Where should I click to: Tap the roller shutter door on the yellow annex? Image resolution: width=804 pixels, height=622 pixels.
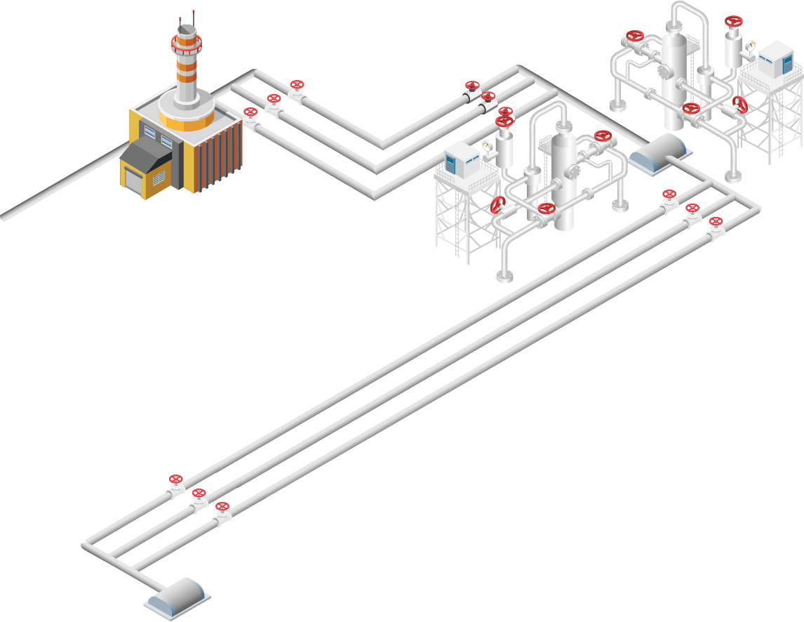pyautogui.click(x=133, y=180)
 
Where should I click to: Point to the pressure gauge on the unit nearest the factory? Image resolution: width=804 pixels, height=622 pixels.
pyautogui.click(x=486, y=146)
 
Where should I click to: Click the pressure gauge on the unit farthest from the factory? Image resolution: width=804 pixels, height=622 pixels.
pyautogui.click(x=751, y=46)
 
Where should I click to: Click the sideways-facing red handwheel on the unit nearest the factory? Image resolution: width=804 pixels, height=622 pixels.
pyautogui.click(x=498, y=205)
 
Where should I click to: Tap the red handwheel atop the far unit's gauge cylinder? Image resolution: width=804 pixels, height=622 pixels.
pyautogui.click(x=734, y=21)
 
